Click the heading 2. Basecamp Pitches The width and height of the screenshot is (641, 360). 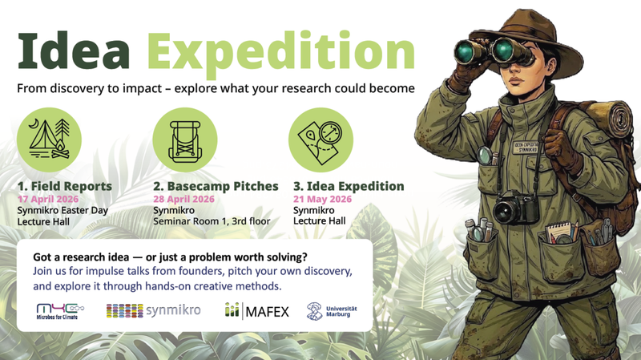(x=216, y=186)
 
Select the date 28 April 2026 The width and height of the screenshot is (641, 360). (x=183, y=199)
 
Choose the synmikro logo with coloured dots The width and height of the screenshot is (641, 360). (x=153, y=309)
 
